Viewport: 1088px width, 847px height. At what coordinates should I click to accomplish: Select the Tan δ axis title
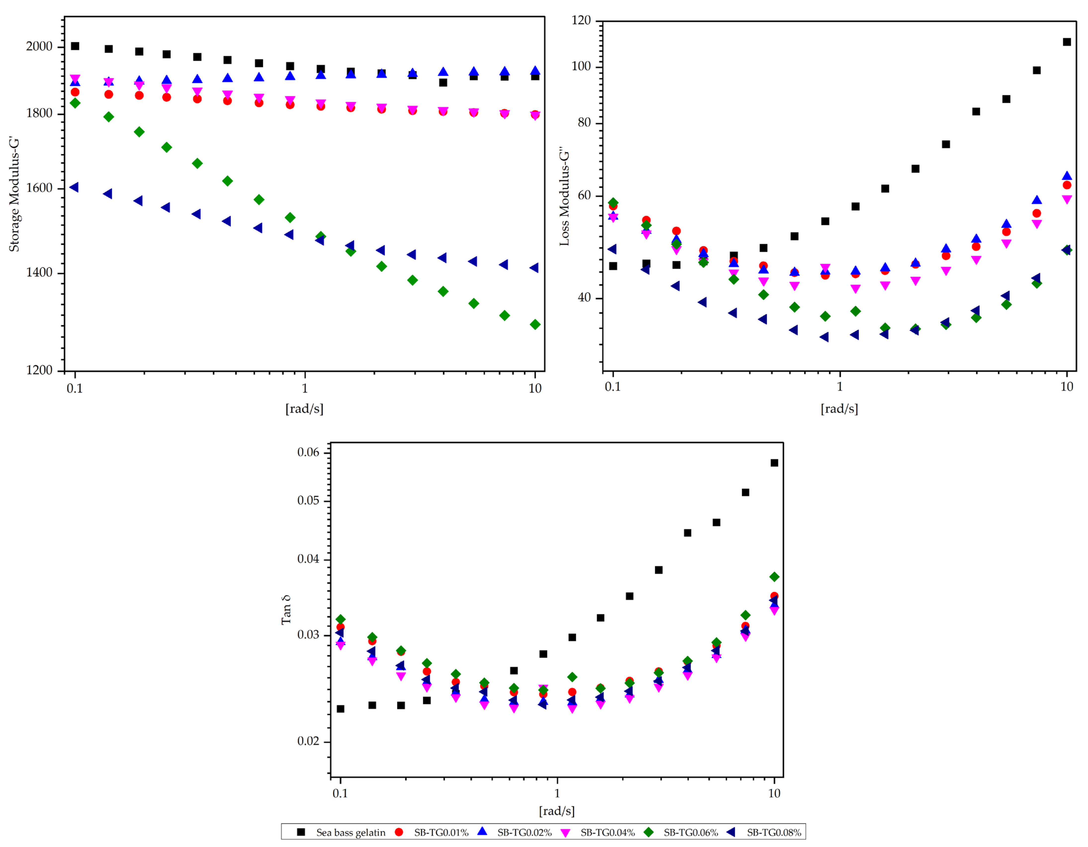(286, 610)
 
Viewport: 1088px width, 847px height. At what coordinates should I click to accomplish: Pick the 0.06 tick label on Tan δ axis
(308, 452)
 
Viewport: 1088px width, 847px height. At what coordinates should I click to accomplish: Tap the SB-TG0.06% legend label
(690, 833)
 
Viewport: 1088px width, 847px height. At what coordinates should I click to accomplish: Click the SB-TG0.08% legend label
(774, 833)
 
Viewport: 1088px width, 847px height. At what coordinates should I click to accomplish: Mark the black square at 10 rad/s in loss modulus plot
(1067, 42)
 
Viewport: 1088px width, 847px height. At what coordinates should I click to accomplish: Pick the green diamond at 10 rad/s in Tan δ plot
(774, 577)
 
